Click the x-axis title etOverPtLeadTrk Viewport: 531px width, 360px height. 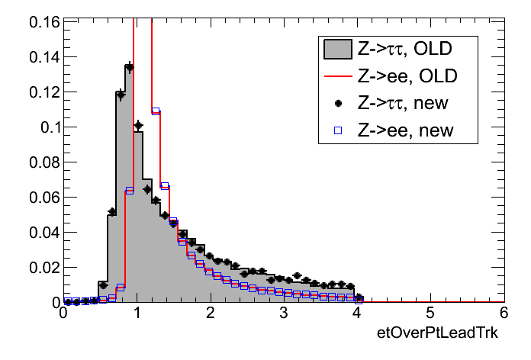[439, 336]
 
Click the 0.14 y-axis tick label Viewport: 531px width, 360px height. [44, 57]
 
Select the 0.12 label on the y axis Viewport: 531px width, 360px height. [44, 92]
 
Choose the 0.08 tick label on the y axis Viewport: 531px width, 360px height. [44, 162]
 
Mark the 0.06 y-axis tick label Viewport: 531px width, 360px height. [44, 198]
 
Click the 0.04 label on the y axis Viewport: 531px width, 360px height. [44, 233]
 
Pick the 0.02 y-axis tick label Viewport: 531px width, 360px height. [44, 268]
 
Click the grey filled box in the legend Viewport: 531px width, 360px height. [336, 50]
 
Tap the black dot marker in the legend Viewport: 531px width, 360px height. [336, 103]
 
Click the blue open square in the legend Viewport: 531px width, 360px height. [336, 130]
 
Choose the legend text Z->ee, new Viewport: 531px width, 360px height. [405, 130]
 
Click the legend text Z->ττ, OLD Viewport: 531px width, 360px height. [405, 50]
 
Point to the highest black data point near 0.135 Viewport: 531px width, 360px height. [129, 67]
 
